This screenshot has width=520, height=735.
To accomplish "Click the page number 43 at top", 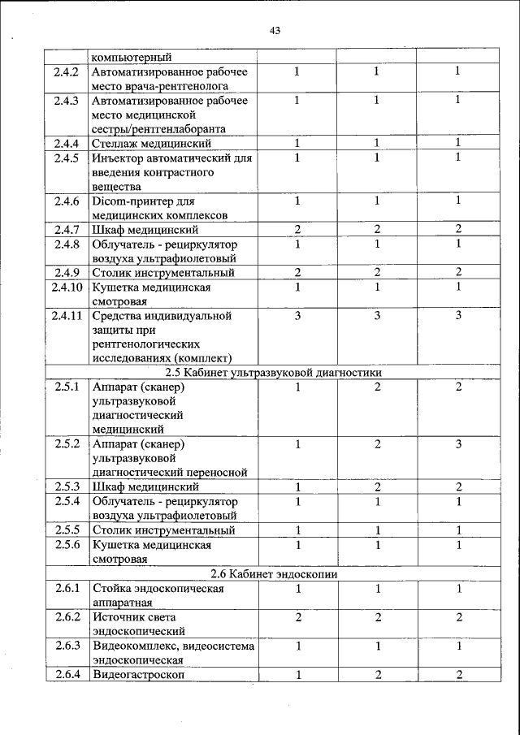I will (x=274, y=30).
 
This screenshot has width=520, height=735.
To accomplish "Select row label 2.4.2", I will (x=65, y=71).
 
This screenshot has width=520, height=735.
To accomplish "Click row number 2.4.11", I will (x=65, y=315).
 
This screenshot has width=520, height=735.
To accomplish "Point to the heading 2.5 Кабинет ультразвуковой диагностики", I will (x=273, y=372).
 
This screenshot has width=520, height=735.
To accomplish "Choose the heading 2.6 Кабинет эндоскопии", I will (x=273, y=574).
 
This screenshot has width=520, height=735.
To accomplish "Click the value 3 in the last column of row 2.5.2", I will (x=458, y=443).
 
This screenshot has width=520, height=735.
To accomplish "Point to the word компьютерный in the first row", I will (x=132, y=57).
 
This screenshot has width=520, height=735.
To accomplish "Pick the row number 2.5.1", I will (x=65, y=387).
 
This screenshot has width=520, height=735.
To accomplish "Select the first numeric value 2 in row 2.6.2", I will (x=298, y=617).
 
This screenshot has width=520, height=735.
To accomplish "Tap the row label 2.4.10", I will (x=65, y=287).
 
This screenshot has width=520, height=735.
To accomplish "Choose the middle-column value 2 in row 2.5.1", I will (x=378, y=387).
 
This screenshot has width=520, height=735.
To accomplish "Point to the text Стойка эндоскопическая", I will (x=158, y=588).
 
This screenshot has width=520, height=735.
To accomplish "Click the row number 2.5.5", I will (x=65, y=530).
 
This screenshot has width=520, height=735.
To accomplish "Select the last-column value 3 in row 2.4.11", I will (x=458, y=315).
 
